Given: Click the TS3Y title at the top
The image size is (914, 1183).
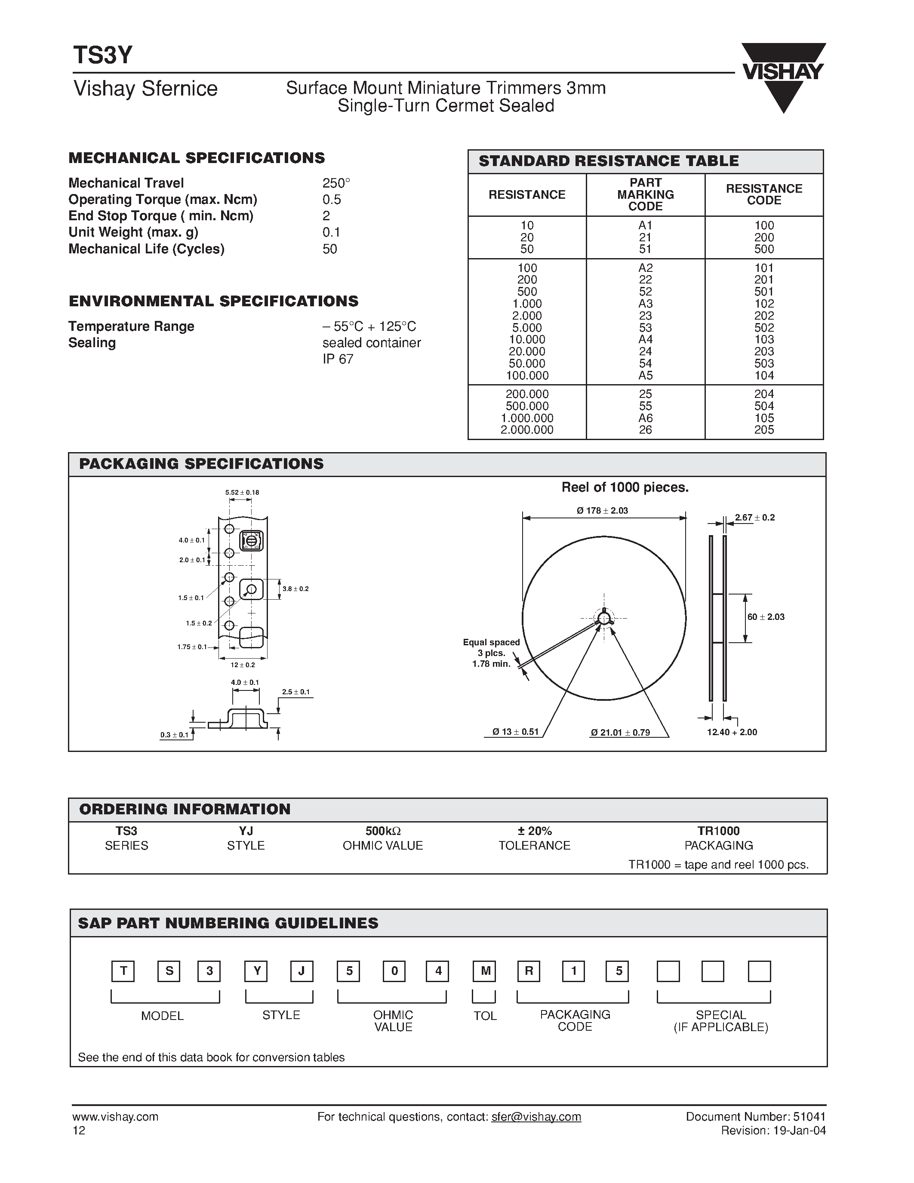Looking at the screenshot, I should pyautogui.click(x=103, y=55).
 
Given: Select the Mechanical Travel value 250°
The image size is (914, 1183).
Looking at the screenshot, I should pyautogui.click(x=336, y=183).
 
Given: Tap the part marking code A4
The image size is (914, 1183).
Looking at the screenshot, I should pyautogui.click(x=646, y=339).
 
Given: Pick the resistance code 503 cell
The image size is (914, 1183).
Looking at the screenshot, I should pyautogui.click(x=764, y=364).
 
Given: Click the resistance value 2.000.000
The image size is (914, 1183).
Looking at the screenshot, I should pyautogui.click(x=527, y=430).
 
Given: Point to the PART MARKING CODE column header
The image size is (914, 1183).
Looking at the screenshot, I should pyautogui.click(x=646, y=194).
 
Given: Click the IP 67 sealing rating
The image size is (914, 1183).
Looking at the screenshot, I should pyautogui.click(x=338, y=359).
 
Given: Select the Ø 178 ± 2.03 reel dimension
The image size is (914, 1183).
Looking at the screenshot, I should pyautogui.click(x=602, y=511).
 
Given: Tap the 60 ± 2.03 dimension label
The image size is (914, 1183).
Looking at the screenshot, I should pyautogui.click(x=766, y=617).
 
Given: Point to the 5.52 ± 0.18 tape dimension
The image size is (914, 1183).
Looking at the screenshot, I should pyautogui.click(x=242, y=493).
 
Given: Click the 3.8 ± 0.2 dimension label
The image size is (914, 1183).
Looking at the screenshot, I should pyautogui.click(x=295, y=589).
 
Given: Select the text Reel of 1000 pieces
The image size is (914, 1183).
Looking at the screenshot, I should pyautogui.click(x=625, y=487).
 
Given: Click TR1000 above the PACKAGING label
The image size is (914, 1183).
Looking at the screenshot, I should pyautogui.click(x=719, y=831).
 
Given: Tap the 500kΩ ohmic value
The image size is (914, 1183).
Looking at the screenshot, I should pyautogui.click(x=383, y=831).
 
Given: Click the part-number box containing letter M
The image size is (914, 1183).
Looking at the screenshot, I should pyautogui.click(x=485, y=971).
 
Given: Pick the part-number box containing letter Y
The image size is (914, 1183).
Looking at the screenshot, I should pyautogui.click(x=257, y=971).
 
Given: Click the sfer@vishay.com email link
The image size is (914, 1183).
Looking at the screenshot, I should pyautogui.click(x=536, y=1117).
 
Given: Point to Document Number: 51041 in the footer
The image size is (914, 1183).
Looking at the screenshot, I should pyautogui.click(x=755, y=1117).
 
